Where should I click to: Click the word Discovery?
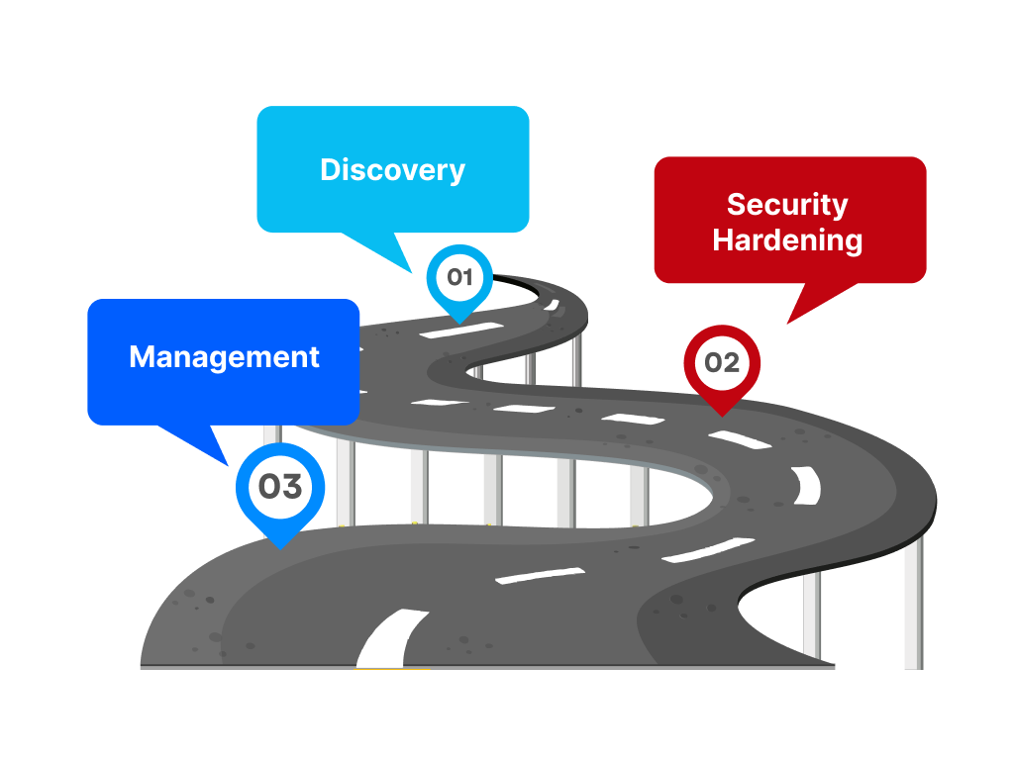pyautogui.click(x=392, y=169)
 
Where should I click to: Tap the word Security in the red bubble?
pyautogui.click(x=787, y=205)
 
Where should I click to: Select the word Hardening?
pyautogui.click(x=787, y=239)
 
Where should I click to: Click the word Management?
pyautogui.click(x=224, y=356)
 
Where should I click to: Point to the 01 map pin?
pyautogui.click(x=459, y=279)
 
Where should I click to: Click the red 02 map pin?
pyautogui.click(x=722, y=365)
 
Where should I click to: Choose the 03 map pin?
pyautogui.click(x=280, y=491)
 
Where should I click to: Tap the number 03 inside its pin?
pyautogui.click(x=280, y=486)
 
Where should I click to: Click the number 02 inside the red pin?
pyautogui.click(x=722, y=362)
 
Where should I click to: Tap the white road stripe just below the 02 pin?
pyautogui.click(x=739, y=438)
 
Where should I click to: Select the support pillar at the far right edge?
pyautogui.click(x=913, y=604)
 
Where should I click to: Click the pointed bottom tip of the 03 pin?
pyautogui.click(x=280, y=546)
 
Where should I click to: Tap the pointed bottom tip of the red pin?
pyautogui.click(x=722, y=414)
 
